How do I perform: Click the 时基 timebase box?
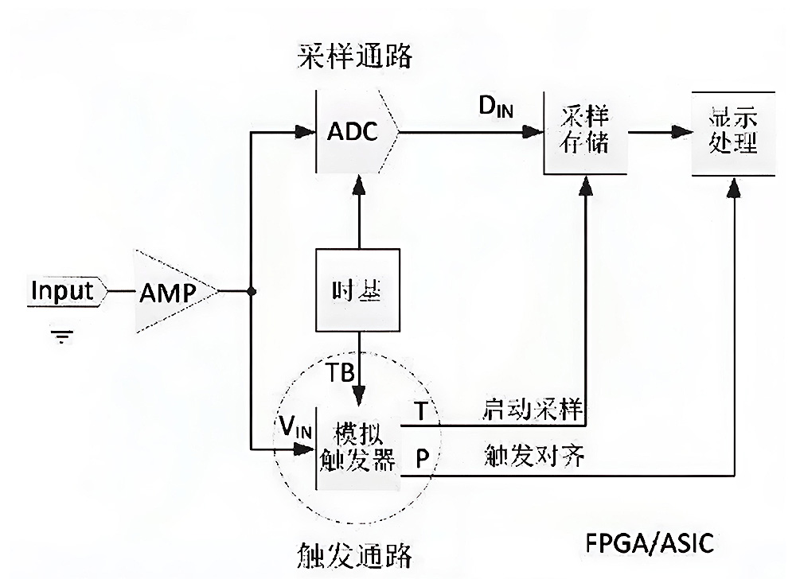pos(358,290)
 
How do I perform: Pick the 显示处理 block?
pos(732,133)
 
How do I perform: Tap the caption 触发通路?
pos(356,554)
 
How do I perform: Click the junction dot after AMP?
pos(252,291)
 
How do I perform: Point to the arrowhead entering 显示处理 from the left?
pos(682,132)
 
